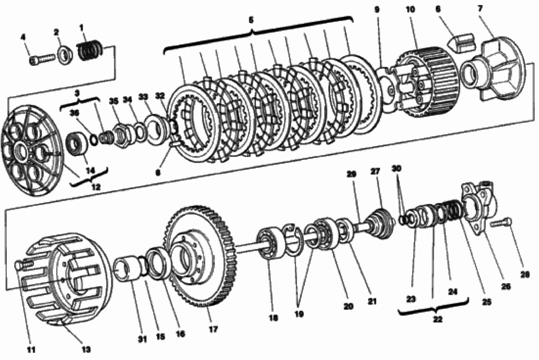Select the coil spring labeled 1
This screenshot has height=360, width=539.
[x=91, y=50]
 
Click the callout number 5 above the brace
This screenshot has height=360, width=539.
[x=251, y=20]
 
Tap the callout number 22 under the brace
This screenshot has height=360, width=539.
[x=437, y=319]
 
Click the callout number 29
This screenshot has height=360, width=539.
[x=351, y=175]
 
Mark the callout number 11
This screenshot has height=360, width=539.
[x=31, y=350]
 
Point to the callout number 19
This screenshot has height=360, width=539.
[x=299, y=314]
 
